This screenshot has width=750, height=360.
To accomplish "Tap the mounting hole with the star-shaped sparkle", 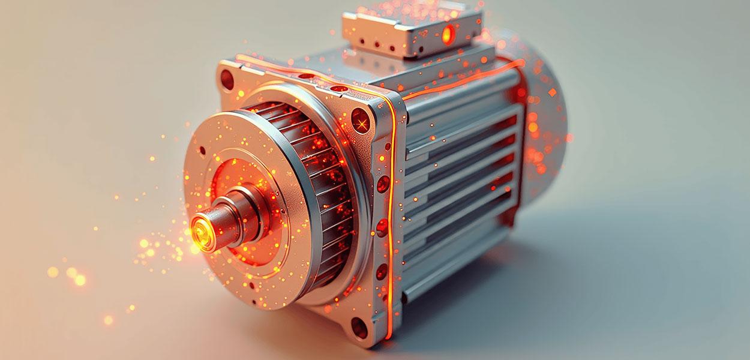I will [361, 123].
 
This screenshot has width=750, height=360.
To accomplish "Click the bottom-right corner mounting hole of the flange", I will [359, 327].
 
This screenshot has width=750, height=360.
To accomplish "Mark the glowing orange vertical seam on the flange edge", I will [393, 210].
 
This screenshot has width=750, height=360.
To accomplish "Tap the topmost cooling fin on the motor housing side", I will [462, 114].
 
